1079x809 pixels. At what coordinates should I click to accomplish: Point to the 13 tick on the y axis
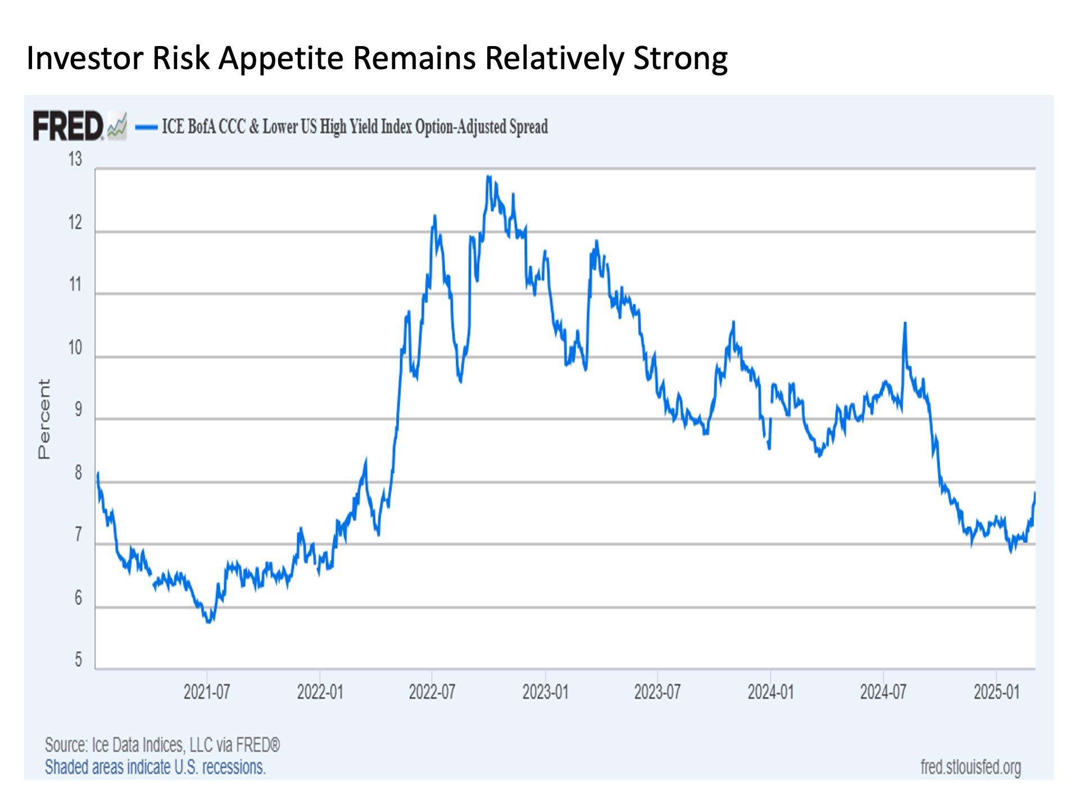click(x=75, y=160)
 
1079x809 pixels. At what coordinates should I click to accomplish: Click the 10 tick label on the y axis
click(x=75, y=348)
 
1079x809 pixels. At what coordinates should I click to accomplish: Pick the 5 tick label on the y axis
click(x=78, y=660)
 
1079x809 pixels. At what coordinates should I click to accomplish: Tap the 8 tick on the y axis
click(x=78, y=473)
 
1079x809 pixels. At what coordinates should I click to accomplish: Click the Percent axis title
click(x=44, y=419)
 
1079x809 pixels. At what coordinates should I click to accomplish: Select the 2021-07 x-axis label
click(x=207, y=692)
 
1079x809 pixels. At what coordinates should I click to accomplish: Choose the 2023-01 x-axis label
click(x=545, y=692)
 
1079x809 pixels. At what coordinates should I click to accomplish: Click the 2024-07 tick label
click(x=883, y=692)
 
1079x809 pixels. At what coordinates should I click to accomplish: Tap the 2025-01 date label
click(x=996, y=692)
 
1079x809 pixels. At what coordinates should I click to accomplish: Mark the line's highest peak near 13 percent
click(x=488, y=176)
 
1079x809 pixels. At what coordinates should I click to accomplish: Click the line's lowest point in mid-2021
click(x=209, y=621)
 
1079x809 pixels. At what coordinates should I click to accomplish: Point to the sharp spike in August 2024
click(x=905, y=324)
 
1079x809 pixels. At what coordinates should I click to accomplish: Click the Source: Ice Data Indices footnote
click(x=162, y=745)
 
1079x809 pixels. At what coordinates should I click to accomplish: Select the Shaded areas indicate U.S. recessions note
click(x=155, y=767)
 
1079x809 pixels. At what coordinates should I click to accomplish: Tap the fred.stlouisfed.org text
click(x=971, y=767)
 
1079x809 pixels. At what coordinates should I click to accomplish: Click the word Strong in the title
click(x=681, y=58)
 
